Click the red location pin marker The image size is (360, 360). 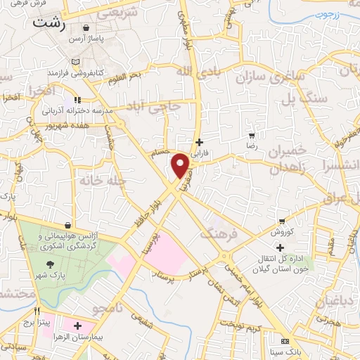(181, 165)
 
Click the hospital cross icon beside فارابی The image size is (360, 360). (200, 142)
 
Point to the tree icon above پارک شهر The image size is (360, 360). (51, 264)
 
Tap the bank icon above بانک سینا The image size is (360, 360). (285, 340)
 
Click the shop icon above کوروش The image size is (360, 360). (282, 221)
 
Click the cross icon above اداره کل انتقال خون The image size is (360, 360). (281, 247)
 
